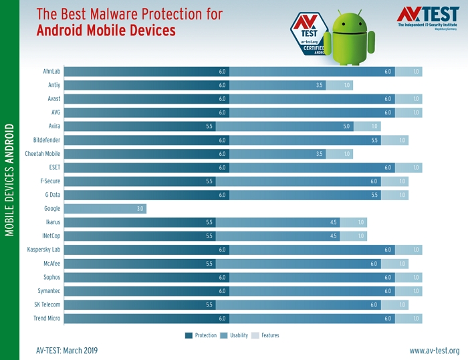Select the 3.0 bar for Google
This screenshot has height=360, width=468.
[x=105, y=209]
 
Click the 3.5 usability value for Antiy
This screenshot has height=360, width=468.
[x=320, y=86]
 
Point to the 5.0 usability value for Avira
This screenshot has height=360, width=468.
[x=346, y=126]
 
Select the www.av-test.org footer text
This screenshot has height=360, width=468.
[x=434, y=351]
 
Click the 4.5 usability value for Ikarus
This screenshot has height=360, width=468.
[x=333, y=222]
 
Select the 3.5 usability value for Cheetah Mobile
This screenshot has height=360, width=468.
[x=320, y=154]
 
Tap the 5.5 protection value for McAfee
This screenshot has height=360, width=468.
[x=209, y=264]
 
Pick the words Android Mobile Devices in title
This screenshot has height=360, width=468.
[x=106, y=30]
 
